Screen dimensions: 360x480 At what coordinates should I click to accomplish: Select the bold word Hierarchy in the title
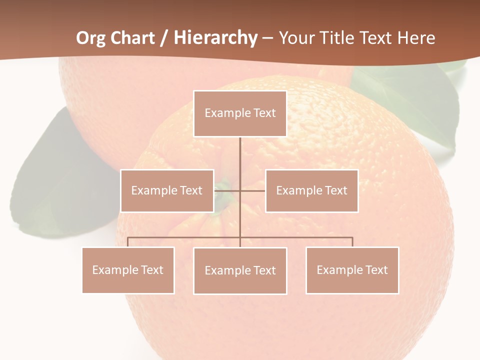coord(215,38)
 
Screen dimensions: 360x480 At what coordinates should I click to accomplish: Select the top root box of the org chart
coord(240,113)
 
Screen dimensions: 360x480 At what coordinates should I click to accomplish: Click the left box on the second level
coord(167,190)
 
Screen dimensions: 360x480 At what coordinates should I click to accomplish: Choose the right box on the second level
coord(311,190)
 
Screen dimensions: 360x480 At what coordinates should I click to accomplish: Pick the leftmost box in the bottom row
coord(128,270)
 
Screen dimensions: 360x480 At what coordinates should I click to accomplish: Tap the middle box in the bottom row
coord(240,270)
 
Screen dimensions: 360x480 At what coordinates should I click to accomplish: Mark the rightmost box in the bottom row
coord(352,270)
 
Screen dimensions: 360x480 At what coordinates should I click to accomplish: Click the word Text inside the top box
coord(264,113)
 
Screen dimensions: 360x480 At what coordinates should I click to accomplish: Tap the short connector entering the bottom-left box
coord(128,242)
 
